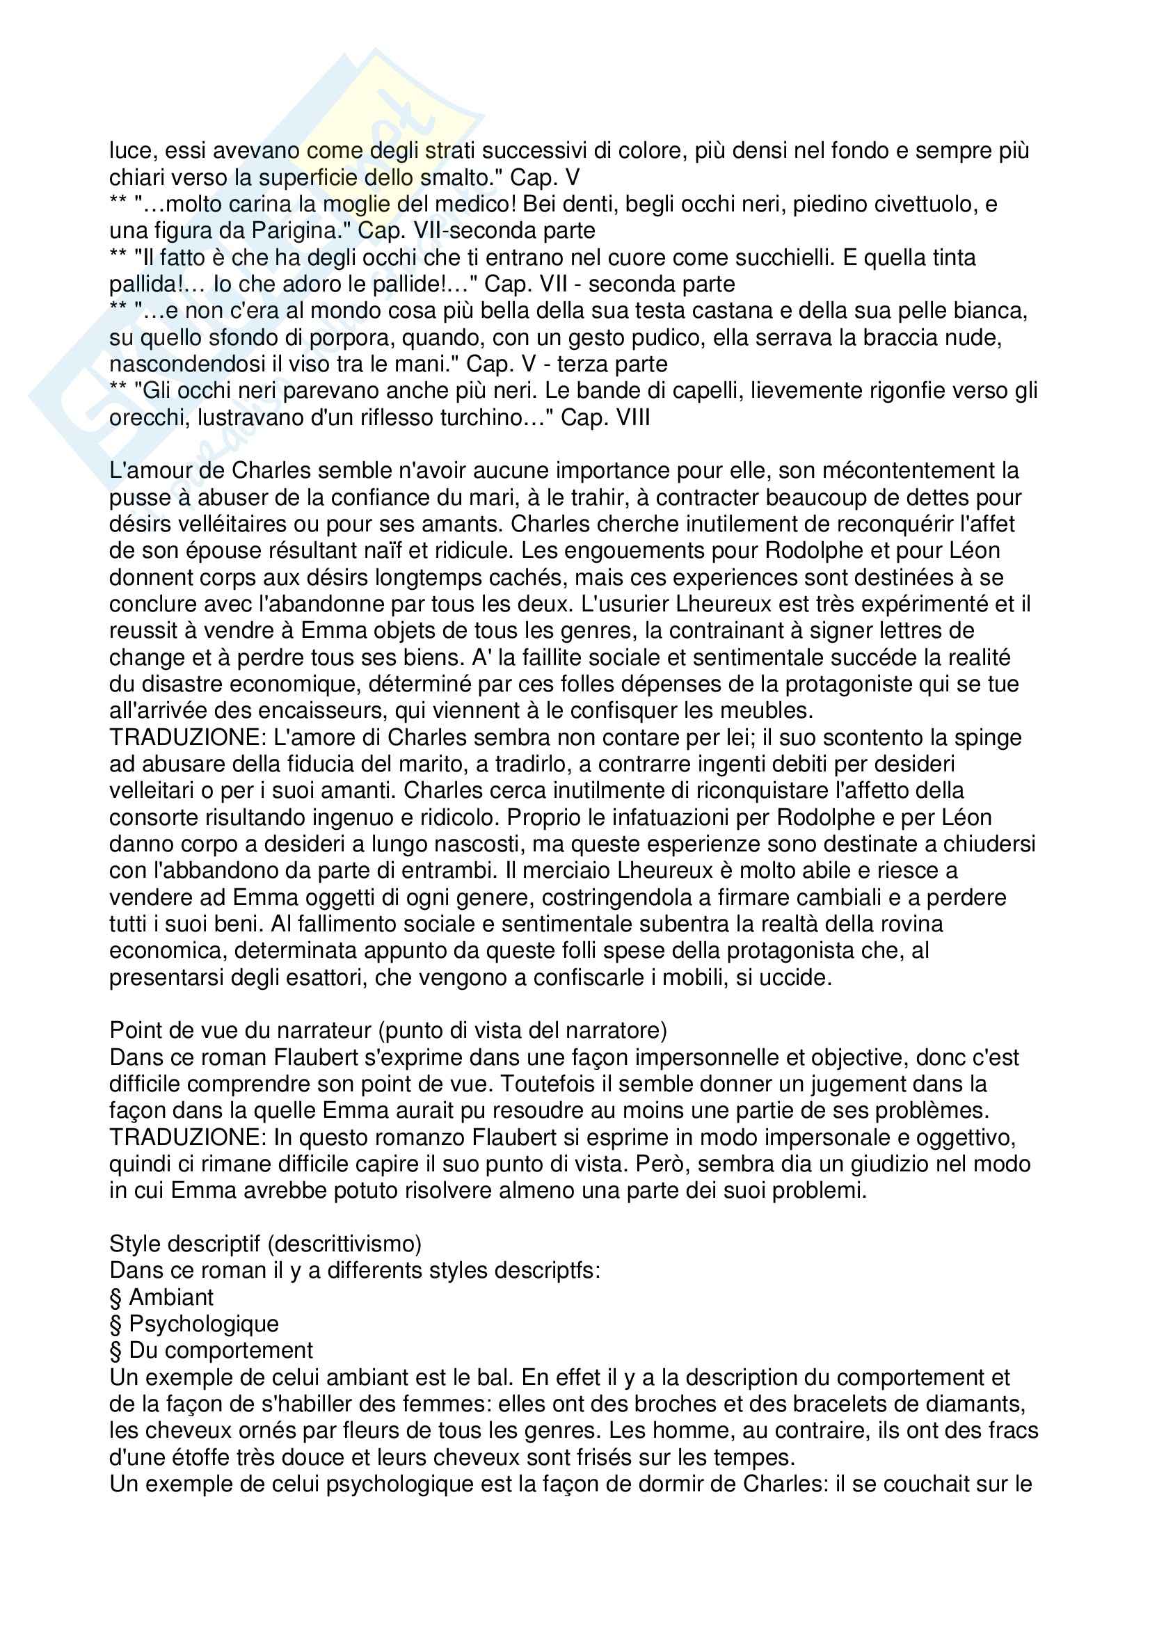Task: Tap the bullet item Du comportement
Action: point(221,1351)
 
